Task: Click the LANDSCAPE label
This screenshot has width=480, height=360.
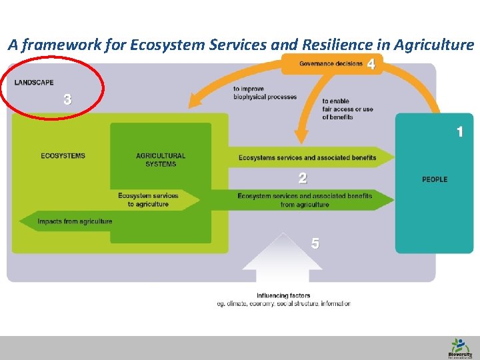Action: [x=34, y=83]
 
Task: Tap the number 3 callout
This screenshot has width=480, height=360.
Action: [x=67, y=100]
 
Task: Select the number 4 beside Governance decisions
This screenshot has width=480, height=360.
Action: [x=371, y=64]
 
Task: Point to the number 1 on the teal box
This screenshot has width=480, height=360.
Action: [x=459, y=132]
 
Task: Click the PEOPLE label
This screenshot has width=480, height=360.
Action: [x=435, y=179]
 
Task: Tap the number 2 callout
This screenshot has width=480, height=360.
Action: [x=303, y=178]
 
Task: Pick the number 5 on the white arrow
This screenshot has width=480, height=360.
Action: [x=315, y=243]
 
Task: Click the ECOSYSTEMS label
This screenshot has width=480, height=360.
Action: [x=63, y=156]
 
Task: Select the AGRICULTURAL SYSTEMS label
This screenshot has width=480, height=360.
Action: [x=161, y=160]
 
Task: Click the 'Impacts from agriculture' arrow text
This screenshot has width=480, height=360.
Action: [x=75, y=221]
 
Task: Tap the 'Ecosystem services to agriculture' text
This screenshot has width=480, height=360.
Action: [x=148, y=200]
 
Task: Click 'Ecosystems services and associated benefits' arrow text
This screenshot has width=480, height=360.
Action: [x=307, y=158]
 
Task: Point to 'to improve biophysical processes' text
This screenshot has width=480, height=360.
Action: [x=265, y=93]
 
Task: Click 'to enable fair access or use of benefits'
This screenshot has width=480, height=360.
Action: [x=347, y=109]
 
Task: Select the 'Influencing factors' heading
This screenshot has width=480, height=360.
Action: [x=283, y=295]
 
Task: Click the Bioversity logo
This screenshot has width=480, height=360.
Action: [x=459, y=347]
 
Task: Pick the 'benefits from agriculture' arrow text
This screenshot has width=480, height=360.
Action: [x=305, y=201]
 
